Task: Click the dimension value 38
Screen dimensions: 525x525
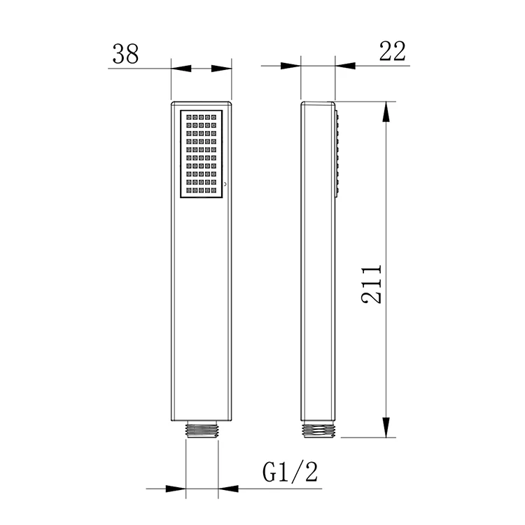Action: (125, 54)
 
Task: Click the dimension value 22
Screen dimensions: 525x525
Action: (393, 52)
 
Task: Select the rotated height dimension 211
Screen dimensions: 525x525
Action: (372, 283)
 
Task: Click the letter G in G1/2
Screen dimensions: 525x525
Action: (271, 474)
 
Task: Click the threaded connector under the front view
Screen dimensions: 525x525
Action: (202, 430)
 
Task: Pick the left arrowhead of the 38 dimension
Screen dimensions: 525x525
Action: (181, 68)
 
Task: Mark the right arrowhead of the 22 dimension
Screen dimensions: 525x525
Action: (345, 66)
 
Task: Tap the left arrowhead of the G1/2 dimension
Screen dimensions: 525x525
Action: (176, 488)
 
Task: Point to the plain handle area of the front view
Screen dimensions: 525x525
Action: (202, 308)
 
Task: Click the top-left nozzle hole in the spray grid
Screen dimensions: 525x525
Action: (188, 117)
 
